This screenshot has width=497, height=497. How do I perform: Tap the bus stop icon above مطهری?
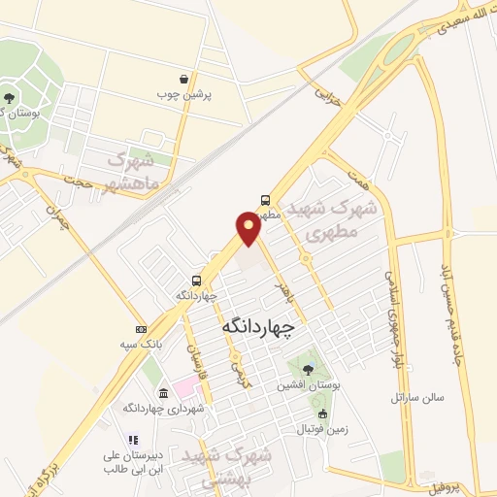(265, 201)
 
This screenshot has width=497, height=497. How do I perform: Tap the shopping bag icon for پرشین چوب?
(184, 80)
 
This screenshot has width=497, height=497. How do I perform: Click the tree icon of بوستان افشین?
(308, 369)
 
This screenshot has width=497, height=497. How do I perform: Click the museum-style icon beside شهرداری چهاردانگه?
(162, 393)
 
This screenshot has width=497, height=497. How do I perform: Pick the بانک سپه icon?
(142, 330)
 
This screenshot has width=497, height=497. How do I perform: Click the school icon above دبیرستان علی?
(134, 439)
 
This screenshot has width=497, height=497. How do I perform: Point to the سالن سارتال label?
(416, 398)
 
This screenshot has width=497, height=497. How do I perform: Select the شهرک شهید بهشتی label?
(237, 465)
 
